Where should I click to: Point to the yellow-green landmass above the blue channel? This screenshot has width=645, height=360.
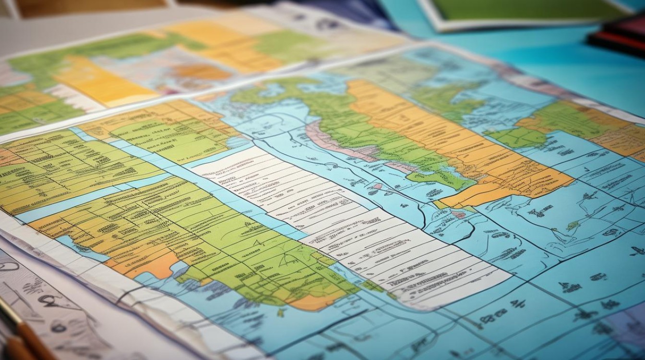coord(72,168)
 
